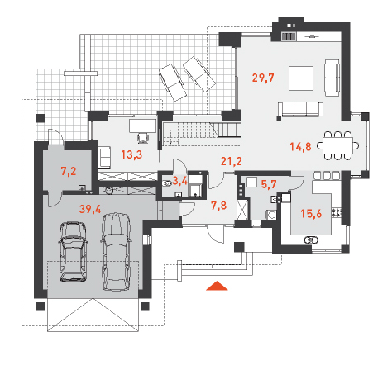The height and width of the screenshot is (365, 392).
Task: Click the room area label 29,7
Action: (x=263, y=78)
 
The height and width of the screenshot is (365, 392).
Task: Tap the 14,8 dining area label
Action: (x=300, y=147)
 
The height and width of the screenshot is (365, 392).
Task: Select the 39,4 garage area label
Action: (x=90, y=209)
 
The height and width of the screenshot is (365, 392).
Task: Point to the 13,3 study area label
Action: (x=131, y=154)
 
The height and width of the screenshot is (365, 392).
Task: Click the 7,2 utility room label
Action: (x=69, y=171)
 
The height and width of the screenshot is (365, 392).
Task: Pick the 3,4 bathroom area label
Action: (x=179, y=181)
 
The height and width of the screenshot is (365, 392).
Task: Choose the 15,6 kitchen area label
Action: (x=311, y=213)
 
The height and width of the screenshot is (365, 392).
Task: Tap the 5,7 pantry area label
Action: (x=269, y=184)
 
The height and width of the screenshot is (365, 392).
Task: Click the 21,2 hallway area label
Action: (x=232, y=161)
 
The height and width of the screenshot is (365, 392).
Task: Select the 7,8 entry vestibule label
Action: (x=218, y=206)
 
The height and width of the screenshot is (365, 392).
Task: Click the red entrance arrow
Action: (x=218, y=286)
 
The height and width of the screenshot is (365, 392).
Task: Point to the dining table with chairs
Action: (x=338, y=145)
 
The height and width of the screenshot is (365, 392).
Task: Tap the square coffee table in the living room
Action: (x=301, y=78)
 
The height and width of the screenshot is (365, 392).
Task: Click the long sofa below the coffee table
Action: (x=300, y=110)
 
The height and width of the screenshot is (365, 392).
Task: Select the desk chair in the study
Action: (x=143, y=138)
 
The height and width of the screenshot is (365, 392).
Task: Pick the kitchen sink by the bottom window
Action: (x=311, y=240)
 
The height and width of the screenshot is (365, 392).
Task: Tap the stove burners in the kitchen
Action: (x=337, y=212)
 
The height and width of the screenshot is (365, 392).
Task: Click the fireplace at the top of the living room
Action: (x=289, y=36)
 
